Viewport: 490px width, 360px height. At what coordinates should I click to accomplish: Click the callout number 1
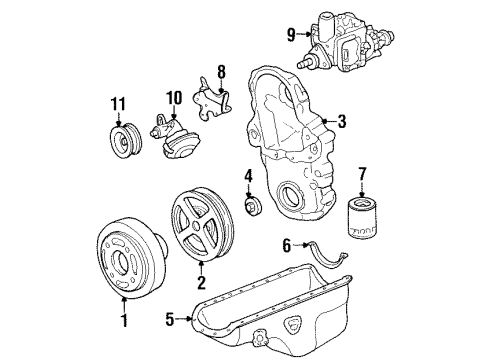(x=124, y=321)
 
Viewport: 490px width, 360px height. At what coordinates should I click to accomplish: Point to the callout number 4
(x=248, y=178)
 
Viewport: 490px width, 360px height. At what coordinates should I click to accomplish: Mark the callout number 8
(x=222, y=72)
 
